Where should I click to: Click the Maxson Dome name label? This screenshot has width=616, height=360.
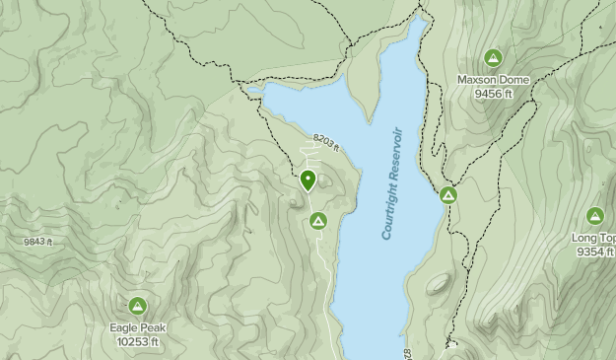pyautogui.click(x=493, y=80)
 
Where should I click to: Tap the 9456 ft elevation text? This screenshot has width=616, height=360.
pyautogui.click(x=493, y=94)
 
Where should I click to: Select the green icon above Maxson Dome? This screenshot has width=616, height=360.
pyautogui.click(x=493, y=58)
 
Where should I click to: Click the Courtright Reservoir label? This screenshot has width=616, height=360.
pyautogui.click(x=392, y=183)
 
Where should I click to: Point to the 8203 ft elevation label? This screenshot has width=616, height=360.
pyautogui.click(x=326, y=143)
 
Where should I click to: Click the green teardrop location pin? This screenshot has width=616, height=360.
pyautogui.click(x=308, y=180)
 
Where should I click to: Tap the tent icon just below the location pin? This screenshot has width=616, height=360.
pyautogui.click(x=317, y=221)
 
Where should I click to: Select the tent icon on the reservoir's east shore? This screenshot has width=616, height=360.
pyautogui.click(x=448, y=195)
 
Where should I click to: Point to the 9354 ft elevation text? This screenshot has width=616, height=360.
pyautogui.click(x=595, y=252)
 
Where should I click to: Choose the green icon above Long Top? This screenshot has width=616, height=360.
pyautogui.click(x=594, y=216)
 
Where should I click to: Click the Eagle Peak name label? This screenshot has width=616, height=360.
pyautogui.click(x=137, y=328)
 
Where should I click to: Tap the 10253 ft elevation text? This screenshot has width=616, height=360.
pyautogui.click(x=137, y=342)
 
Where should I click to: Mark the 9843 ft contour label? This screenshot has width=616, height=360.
pyautogui.click(x=38, y=242)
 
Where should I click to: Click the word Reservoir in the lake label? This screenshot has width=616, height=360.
pyautogui.click(x=396, y=155)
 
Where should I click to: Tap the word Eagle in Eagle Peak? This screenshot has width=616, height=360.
pyautogui.click(x=124, y=328)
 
